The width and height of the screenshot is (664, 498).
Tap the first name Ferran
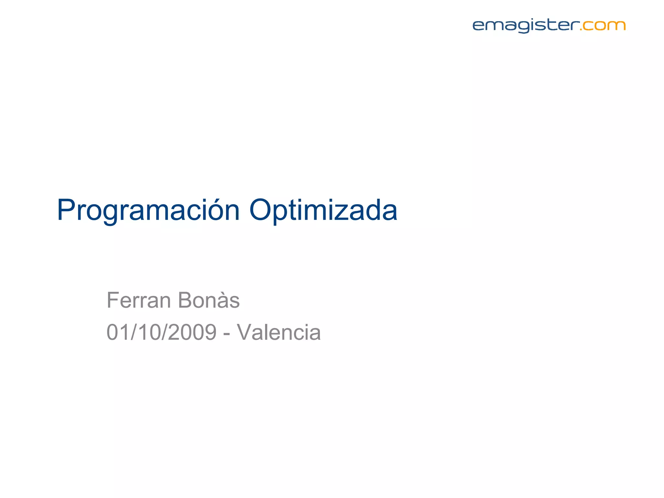click(138, 300)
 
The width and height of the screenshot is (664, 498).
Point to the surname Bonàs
click(208, 300)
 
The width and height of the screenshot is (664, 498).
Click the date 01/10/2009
click(161, 332)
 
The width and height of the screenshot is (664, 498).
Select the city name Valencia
click(279, 332)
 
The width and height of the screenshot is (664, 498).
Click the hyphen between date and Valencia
click(227, 334)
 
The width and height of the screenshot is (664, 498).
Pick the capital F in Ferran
click(113, 300)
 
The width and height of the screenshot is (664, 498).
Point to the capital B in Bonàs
click(185, 300)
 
